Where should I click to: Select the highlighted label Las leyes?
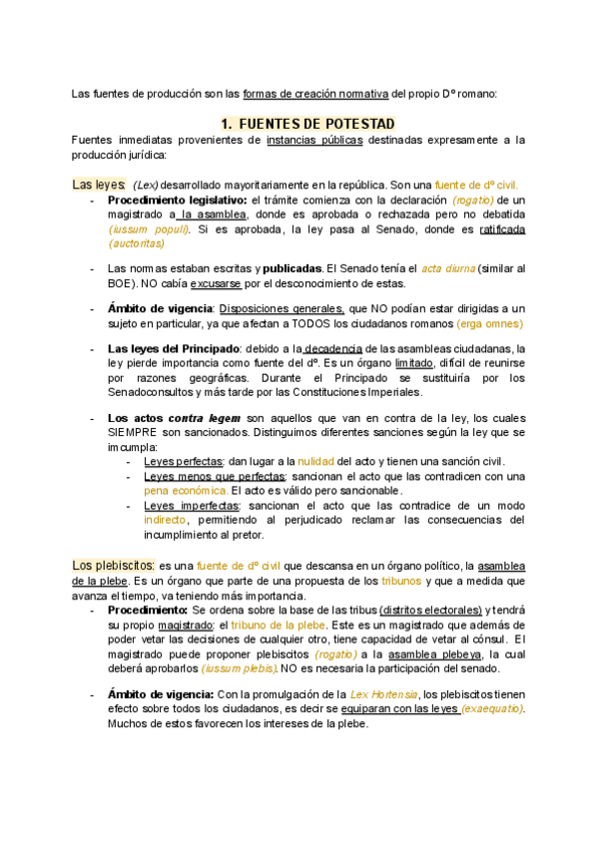pyautogui.click(x=98, y=185)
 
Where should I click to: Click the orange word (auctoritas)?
pyautogui.click(x=136, y=242)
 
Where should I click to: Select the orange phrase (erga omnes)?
pyautogui.click(x=489, y=323)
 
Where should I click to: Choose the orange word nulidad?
pyautogui.click(x=315, y=461)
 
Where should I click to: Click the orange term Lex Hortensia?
pyautogui.click(x=383, y=693)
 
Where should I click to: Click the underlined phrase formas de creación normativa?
pyautogui.click(x=314, y=94)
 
